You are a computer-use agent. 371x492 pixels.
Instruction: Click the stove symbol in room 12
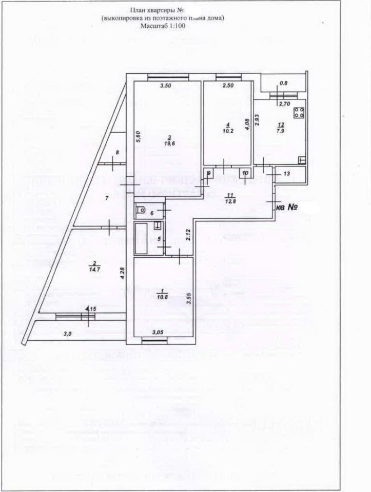click(299, 113)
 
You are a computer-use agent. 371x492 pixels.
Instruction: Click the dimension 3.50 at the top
click(165, 86)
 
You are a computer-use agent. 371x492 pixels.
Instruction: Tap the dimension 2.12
click(188, 235)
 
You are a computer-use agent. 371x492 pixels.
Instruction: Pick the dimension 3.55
click(189, 298)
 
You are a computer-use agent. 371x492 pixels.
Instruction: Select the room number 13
click(287, 174)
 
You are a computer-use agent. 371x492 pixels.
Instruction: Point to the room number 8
click(118, 152)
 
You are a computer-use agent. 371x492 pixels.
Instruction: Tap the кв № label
click(288, 208)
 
